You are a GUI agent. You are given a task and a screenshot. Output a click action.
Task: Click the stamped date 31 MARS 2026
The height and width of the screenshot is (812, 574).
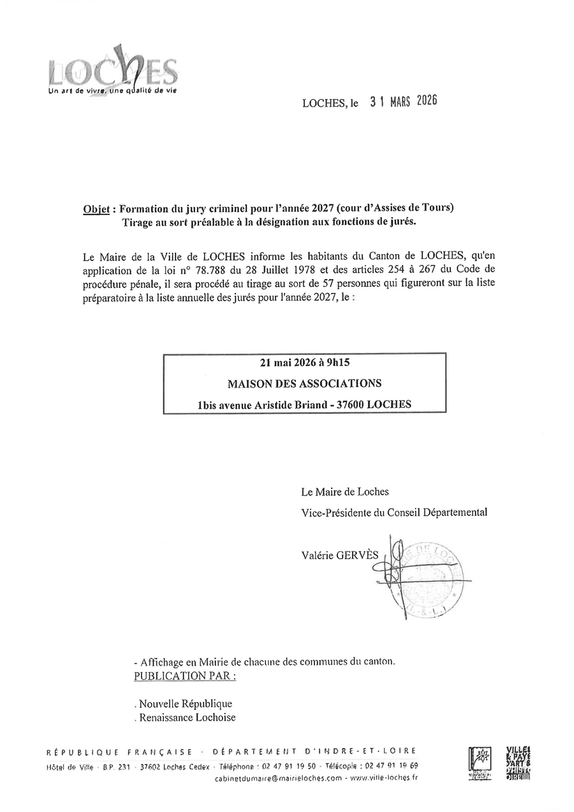(404, 101)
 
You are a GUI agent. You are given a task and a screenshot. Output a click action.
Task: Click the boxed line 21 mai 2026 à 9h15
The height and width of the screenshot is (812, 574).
(305, 363)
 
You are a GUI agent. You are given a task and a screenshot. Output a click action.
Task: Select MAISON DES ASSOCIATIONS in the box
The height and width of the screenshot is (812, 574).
(305, 384)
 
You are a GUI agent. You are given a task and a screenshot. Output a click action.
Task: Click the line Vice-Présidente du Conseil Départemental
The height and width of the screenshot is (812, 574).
(394, 512)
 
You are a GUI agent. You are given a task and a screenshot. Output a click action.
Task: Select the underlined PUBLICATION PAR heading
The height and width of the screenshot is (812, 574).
(184, 676)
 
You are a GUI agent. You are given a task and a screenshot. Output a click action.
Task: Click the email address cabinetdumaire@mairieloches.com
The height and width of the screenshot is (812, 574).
(279, 779)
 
